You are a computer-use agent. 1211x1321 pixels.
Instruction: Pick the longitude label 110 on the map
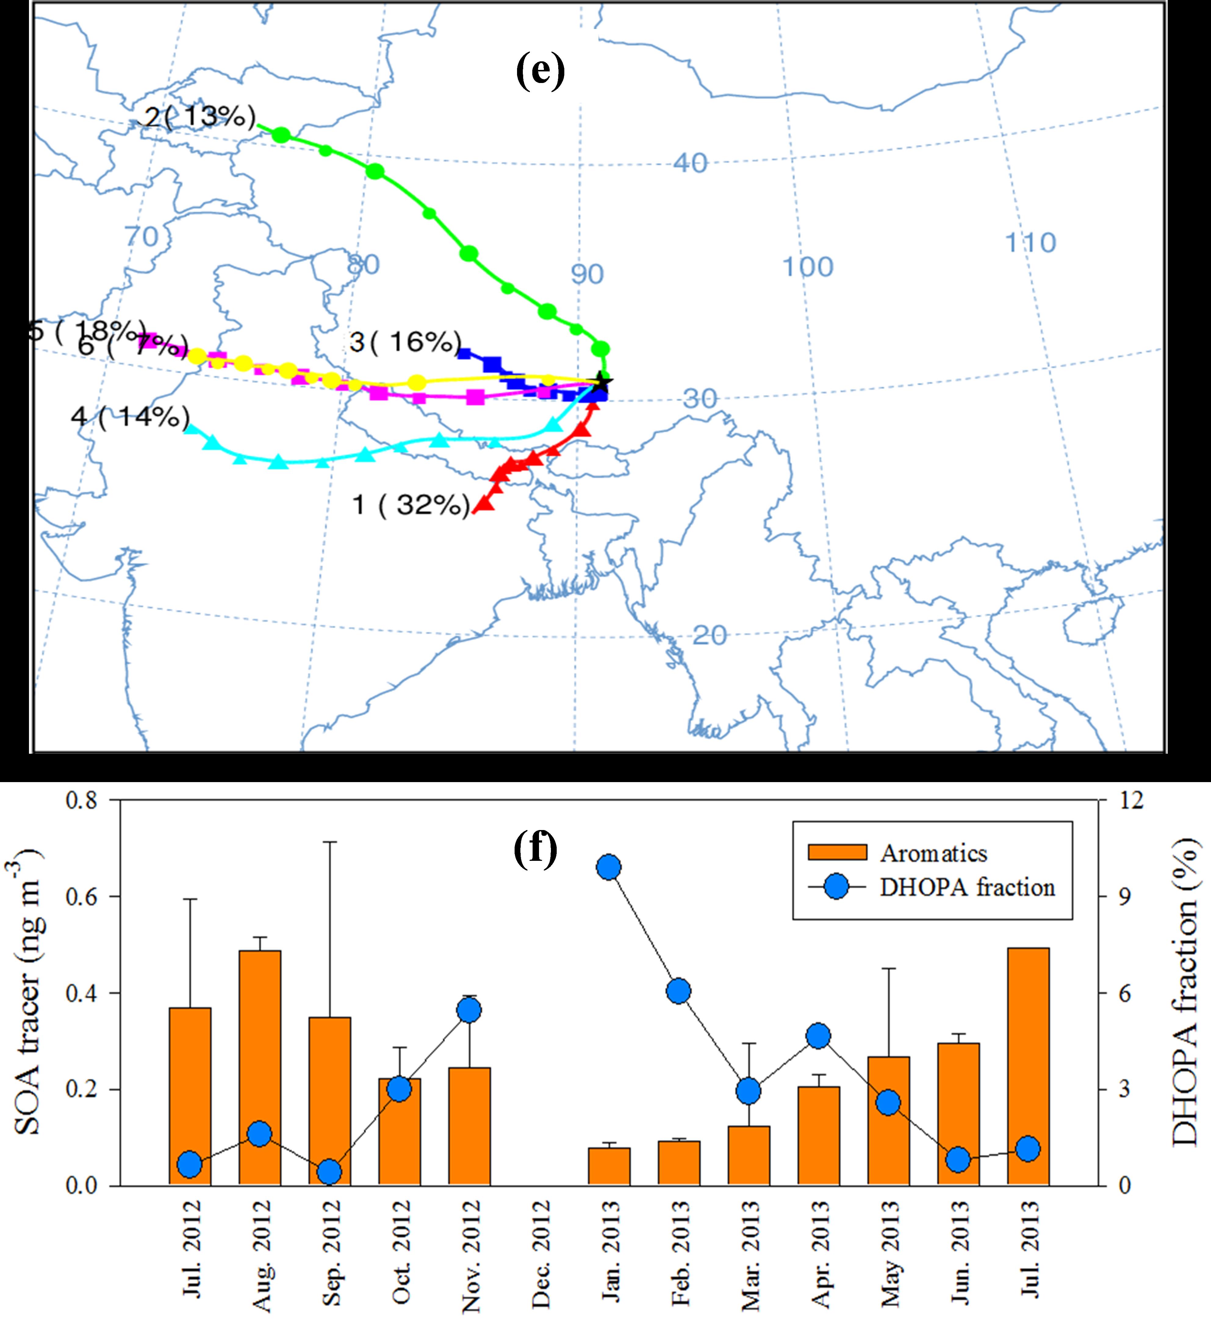1031,243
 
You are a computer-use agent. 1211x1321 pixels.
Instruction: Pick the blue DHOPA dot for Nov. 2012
469,1010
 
